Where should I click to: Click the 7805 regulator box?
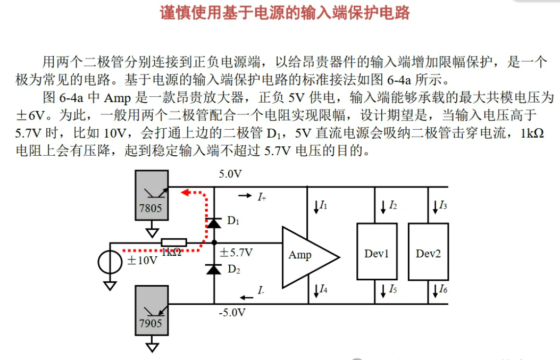[x=152, y=195]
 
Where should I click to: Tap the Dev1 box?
[x=377, y=252]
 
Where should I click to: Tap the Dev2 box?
[x=428, y=252]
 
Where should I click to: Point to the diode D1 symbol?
[x=214, y=223]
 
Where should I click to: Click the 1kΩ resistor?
[x=173, y=242]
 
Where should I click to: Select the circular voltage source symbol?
[x=110, y=261]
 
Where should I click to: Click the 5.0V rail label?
[x=230, y=174]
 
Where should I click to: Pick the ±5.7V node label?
[x=236, y=252]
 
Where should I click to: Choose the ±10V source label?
[x=142, y=261]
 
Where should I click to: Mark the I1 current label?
[x=321, y=205]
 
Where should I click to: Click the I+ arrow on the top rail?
[x=245, y=196]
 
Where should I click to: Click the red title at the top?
[x=285, y=13]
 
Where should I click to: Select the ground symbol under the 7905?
[x=152, y=347]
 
